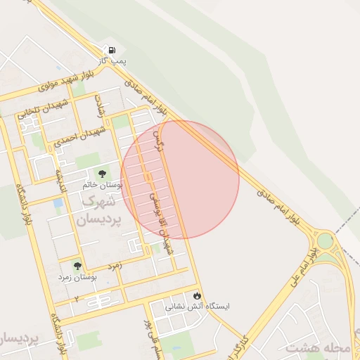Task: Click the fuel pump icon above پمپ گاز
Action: pyautogui.click(x=111, y=51)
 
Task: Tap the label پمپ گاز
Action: pyautogui.click(x=112, y=63)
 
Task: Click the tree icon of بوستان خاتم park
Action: pyautogui.click(x=102, y=173)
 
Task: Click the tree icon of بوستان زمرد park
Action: pyautogui.click(x=77, y=266)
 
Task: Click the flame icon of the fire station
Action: pyautogui.click(x=197, y=295)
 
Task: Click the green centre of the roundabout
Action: pyautogui.click(x=325, y=241)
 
